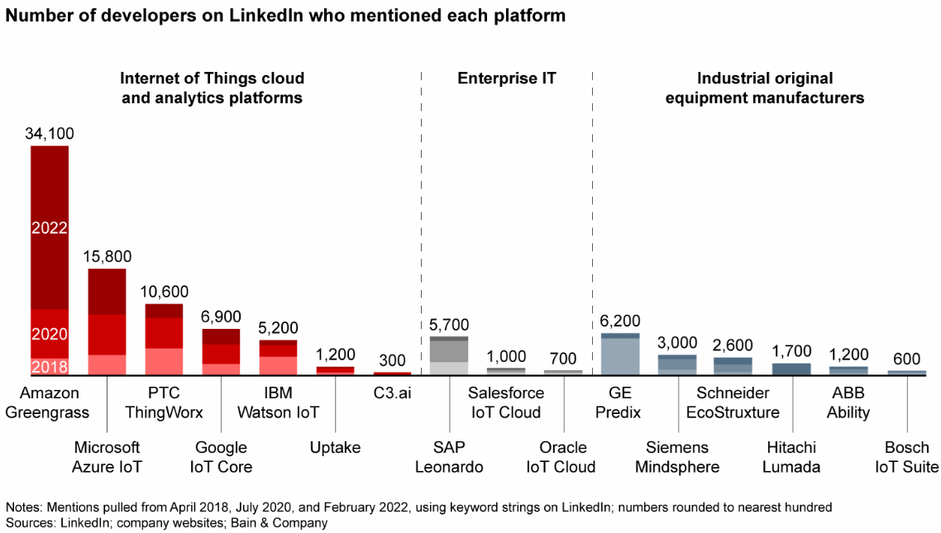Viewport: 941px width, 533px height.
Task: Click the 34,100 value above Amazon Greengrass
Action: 50,132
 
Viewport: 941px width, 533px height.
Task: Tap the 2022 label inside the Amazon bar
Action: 50,228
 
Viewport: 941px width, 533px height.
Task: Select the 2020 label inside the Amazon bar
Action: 50,335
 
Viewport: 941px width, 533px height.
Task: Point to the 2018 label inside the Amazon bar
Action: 50,367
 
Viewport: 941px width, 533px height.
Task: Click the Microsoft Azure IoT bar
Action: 107,322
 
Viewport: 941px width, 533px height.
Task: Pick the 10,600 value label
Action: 164,292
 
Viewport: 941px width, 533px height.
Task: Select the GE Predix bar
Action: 620,355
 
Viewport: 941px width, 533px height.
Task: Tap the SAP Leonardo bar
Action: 449,356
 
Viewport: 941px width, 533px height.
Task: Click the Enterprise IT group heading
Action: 507,79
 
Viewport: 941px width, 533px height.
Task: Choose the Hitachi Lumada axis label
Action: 791,457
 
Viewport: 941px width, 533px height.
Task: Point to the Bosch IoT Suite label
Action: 907,457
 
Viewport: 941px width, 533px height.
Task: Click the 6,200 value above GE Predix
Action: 620,321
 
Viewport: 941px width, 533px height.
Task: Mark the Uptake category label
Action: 335,448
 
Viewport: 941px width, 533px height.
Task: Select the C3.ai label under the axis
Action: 392,393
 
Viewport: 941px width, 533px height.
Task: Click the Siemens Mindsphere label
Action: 677,457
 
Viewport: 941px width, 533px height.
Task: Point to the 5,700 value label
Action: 449,325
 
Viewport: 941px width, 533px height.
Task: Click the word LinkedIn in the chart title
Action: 267,17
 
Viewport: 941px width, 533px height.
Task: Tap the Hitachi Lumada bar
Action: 791,369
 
